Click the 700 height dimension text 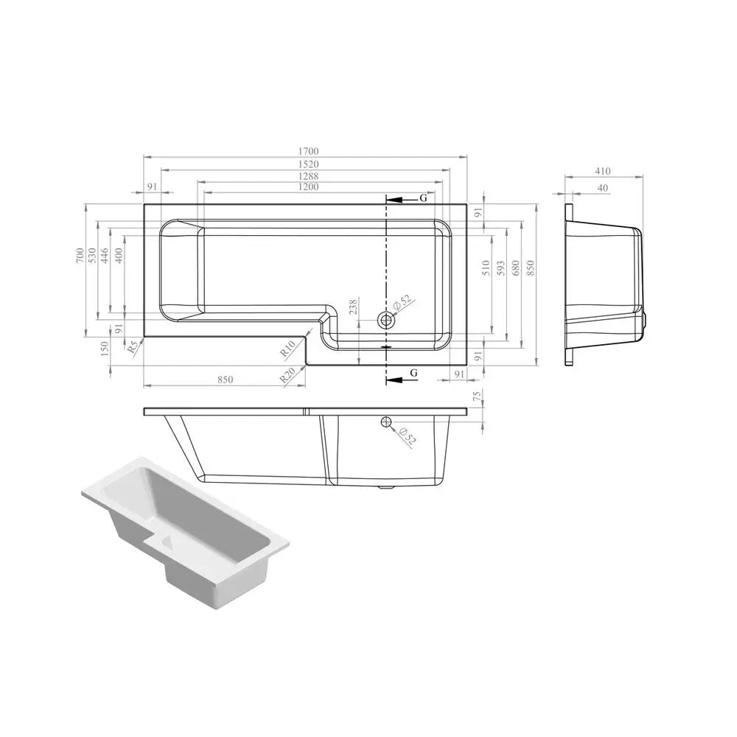[x=80, y=255]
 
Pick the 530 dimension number [x=92, y=255]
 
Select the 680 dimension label [x=516, y=268]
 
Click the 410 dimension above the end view [x=602, y=171]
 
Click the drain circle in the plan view [x=386, y=321]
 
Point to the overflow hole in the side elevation [x=385, y=422]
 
